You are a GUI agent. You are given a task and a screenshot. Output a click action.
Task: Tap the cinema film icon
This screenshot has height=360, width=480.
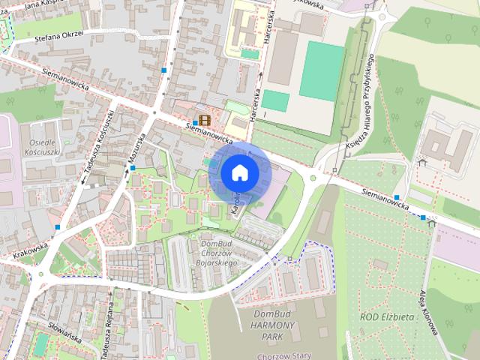(x=205, y=119)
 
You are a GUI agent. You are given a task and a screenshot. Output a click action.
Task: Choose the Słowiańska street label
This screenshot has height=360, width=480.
(x=64, y=337)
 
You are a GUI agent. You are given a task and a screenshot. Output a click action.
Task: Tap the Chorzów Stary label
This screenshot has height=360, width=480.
(x=277, y=356)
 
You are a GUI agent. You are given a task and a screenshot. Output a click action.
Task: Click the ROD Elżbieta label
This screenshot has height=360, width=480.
(x=387, y=317)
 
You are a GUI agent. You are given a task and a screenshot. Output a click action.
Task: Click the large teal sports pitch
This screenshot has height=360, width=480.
(x=322, y=70)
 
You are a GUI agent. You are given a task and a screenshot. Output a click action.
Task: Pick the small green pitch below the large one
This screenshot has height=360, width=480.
(x=275, y=100)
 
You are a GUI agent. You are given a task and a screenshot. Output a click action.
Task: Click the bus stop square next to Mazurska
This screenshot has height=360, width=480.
(x=133, y=168)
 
